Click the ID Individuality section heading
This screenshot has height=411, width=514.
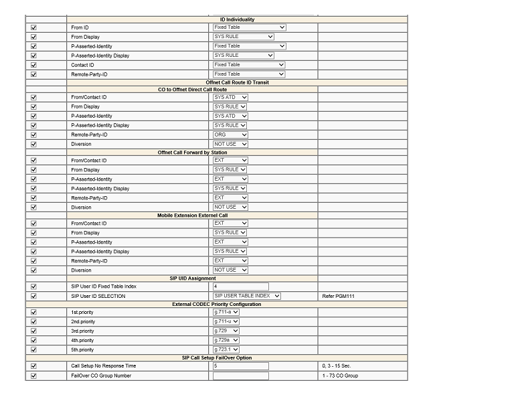click(x=238, y=19)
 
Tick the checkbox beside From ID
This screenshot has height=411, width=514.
click(x=34, y=27)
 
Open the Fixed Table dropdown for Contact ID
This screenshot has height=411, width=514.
click(x=249, y=65)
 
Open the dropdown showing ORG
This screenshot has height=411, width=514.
click(x=230, y=135)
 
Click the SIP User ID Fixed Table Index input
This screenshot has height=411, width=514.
click(x=240, y=286)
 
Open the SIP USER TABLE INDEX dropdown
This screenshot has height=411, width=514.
click(x=247, y=296)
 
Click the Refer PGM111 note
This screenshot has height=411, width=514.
click(x=338, y=296)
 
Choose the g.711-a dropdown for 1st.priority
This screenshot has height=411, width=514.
click(x=226, y=312)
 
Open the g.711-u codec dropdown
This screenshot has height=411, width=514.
click(x=226, y=321)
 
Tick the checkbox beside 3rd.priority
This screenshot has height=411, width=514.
click(x=34, y=331)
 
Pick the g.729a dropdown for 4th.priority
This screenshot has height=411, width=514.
click(x=226, y=340)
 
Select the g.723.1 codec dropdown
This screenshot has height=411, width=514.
click(x=226, y=349)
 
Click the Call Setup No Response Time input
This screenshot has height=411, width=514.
click(x=240, y=366)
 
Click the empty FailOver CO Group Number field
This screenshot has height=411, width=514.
click(x=240, y=376)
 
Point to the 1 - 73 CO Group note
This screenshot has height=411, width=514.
click(x=340, y=376)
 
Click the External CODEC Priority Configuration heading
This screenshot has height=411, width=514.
click(x=216, y=304)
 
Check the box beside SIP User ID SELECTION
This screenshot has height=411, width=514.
click(x=34, y=296)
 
